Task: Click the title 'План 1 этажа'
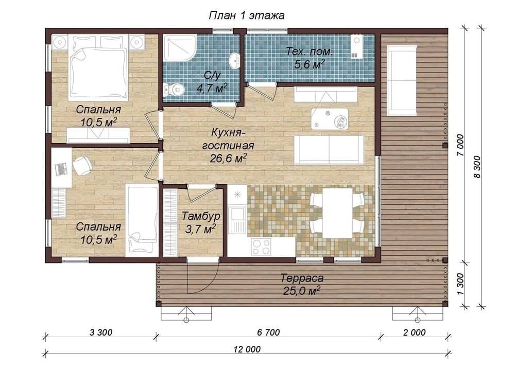(x=247, y=15)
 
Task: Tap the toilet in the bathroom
(x=174, y=89)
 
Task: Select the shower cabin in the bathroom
(x=180, y=47)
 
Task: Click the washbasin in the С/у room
(x=234, y=60)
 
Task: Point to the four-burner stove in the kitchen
(x=262, y=247)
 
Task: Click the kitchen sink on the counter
(x=236, y=215)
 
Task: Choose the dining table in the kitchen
(x=338, y=213)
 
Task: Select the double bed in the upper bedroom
(x=98, y=73)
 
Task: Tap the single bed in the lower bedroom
(x=142, y=220)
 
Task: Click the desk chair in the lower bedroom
(x=81, y=166)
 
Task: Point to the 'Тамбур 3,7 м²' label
(x=201, y=222)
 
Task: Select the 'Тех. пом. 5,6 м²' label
(x=310, y=58)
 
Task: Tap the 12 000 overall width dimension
(x=248, y=348)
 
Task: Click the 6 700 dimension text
(x=268, y=332)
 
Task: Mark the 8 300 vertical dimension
(x=477, y=167)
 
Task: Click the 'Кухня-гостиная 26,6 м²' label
(x=229, y=146)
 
